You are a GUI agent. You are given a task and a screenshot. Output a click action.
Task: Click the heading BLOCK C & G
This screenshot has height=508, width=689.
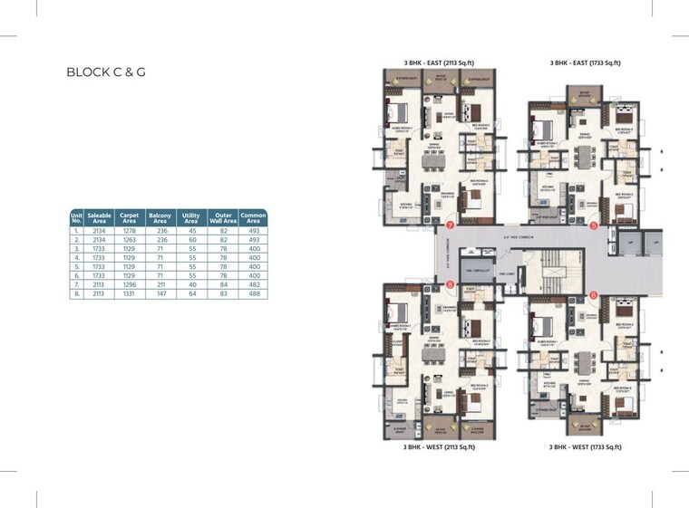pos(106,72)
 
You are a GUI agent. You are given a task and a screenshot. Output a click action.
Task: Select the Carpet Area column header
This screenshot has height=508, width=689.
pos(130,218)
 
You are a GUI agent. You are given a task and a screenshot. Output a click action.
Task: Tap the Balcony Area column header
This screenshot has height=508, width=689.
pos(160,218)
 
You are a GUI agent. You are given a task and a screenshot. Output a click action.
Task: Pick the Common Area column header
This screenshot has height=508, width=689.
pos(253,218)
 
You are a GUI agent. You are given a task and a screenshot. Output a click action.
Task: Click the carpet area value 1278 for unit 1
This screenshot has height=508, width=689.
pos(130,231)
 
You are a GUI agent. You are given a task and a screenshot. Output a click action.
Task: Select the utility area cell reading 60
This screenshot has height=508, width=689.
pos(190,240)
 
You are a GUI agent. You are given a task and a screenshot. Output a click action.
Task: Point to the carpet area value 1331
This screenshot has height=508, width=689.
pos(130,293)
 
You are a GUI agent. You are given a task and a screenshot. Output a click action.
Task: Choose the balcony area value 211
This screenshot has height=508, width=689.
pos(160,284)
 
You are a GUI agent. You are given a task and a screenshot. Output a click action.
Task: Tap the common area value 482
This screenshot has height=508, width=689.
pos(253,284)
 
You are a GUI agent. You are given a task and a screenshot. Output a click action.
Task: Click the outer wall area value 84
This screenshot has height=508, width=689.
pos(222,284)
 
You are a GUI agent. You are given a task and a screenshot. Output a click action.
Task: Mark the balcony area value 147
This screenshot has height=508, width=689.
pos(160,293)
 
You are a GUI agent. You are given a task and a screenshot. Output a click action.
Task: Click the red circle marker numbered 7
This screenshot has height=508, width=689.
pos(450,224)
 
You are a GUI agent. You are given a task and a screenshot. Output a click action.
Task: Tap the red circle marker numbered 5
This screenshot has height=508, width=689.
pos(594,225)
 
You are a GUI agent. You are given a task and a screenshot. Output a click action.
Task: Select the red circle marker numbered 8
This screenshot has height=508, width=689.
pos(450,286)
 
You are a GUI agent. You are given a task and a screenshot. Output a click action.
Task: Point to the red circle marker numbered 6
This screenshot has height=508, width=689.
pos(593,293)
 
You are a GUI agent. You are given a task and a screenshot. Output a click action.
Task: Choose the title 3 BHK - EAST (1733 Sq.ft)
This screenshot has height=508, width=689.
pos(585,63)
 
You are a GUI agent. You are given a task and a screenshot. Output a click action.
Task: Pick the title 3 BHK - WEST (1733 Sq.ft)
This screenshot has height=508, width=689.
pos(585,446)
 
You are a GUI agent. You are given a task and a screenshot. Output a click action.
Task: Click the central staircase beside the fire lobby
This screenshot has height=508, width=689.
pos(551,270)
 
